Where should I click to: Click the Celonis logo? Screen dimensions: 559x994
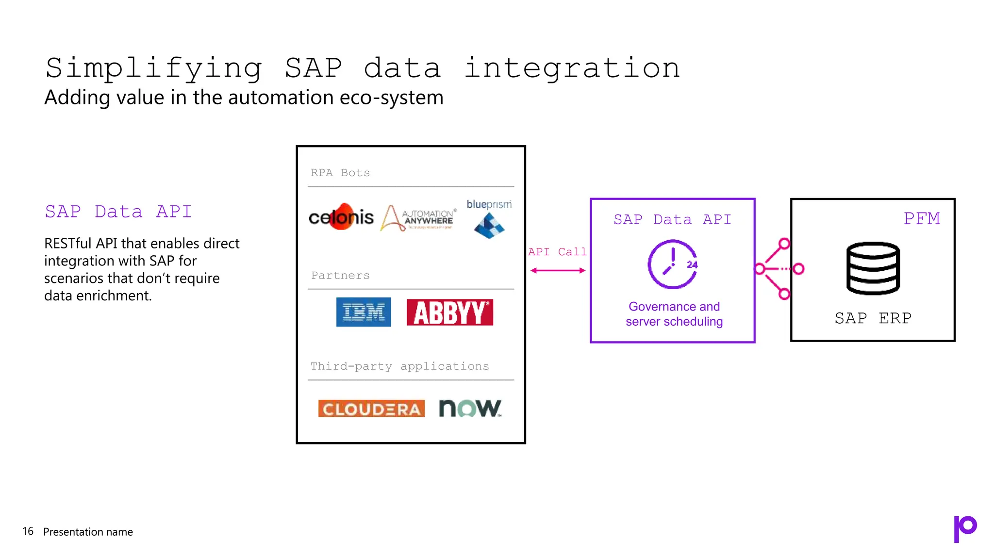(x=341, y=217)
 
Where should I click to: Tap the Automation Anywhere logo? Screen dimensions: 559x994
(x=418, y=218)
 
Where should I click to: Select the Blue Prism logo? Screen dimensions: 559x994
(x=489, y=219)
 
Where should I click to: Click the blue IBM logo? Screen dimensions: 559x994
(x=363, y=312)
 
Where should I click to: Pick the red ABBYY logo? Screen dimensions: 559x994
(x=449, y=312)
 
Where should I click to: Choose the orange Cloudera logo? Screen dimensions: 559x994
(x=371, y=409)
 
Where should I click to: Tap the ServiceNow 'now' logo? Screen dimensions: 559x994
(x=470, y=408)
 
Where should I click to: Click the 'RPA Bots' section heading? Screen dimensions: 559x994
(x=340, y=173)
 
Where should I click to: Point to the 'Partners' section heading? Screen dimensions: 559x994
(x=340, y=276)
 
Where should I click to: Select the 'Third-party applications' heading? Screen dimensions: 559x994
(x=399, y=366)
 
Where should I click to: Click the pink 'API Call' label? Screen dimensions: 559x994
(x=557, y=252)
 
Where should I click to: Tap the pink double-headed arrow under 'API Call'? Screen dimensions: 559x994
(x=558, y=271)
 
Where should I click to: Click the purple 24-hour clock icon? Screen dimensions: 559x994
(x=673, y=264)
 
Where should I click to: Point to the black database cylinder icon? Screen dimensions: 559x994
(x=873, y=268)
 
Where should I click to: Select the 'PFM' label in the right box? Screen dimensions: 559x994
(x=921, y=218)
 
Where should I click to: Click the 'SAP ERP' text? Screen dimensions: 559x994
(x=873, y=318)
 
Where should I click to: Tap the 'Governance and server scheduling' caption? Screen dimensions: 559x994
(x=674, y=314)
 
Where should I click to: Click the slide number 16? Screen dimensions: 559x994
(x=28, y=531)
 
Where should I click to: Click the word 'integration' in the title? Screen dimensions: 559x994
(x=572, y=68)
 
